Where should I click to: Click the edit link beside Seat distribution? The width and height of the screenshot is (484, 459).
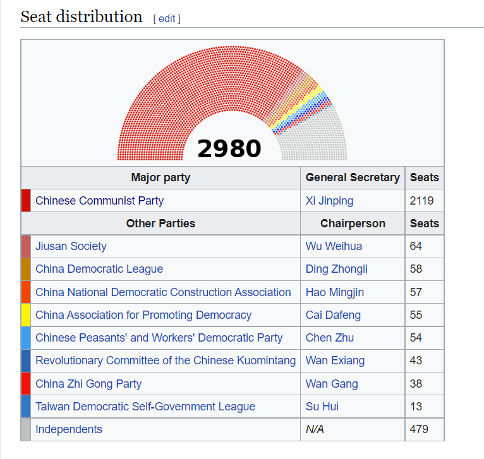167,18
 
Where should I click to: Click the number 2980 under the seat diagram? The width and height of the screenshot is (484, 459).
229,149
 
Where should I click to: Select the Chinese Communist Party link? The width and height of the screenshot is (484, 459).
99,201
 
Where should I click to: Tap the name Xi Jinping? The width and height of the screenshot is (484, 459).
329,201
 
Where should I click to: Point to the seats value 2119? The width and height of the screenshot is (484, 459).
421,201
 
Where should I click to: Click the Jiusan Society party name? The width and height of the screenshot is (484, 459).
71,246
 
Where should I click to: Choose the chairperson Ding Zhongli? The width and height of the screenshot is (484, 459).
336,269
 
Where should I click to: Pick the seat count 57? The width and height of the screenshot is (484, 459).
416,292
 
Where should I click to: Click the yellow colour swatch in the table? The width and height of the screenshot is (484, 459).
26,315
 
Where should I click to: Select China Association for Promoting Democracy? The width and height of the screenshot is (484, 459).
143,315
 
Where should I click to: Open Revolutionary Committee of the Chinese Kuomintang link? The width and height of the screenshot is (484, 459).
166,361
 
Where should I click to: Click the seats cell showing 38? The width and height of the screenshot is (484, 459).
416,383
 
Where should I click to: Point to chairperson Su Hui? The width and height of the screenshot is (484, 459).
322,407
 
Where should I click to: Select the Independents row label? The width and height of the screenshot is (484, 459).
68,429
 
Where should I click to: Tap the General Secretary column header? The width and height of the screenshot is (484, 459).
353,177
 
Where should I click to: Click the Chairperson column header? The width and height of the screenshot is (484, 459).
353,224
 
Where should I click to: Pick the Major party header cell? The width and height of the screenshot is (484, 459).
160,177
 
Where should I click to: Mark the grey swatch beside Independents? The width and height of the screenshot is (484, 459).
26,429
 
